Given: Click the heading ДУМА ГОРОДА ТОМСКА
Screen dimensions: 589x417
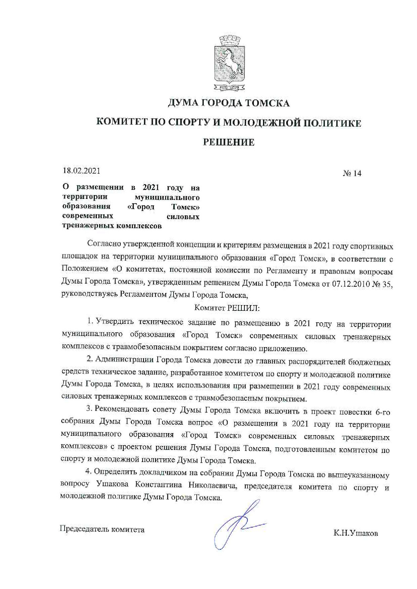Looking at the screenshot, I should tap(229, 103).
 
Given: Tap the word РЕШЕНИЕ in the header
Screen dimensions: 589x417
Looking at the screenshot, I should tap(229, 142).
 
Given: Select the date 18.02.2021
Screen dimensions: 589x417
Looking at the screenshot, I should tap(81, 171).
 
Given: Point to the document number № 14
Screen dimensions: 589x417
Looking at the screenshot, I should tap(352, 173).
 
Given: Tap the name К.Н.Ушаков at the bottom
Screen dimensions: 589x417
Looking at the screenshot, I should tap(355, 533).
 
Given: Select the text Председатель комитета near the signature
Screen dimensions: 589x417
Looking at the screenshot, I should tap(102, 529).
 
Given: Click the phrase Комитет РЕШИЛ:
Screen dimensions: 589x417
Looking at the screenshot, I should tap(227, 308).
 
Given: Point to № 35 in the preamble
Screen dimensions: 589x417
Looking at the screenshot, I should tap(382, 284).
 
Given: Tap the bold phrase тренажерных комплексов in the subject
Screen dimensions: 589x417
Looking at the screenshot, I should tap(112, 226).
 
